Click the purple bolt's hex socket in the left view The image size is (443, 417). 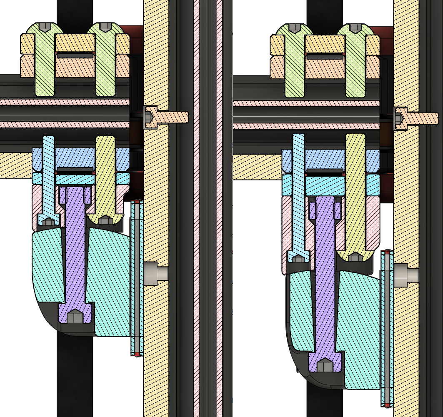(x=75, y=317)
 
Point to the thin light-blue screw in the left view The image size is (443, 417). (x=48, y=175)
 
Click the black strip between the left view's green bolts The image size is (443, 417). (x=75, y=55)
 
